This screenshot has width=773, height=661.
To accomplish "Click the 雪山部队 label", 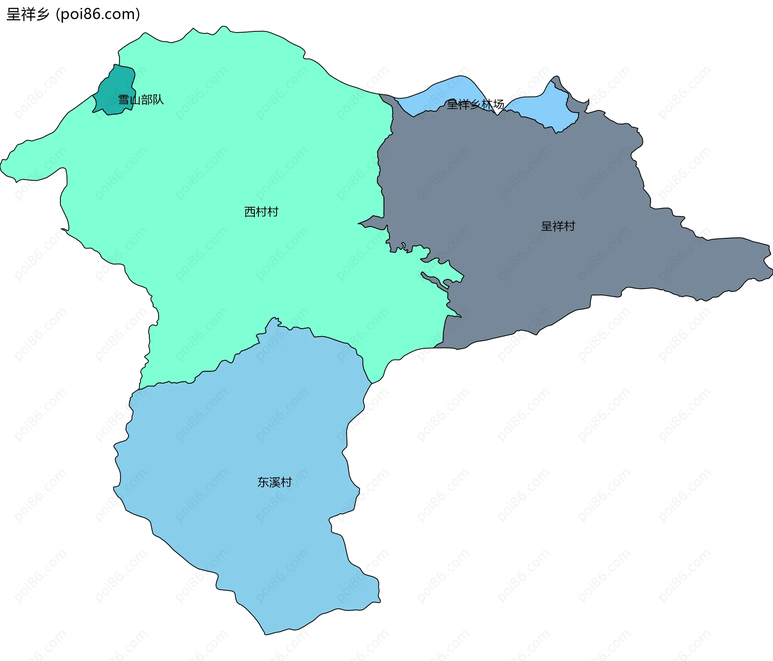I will click(141, 99).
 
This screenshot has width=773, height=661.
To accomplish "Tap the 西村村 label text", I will click(261, 212).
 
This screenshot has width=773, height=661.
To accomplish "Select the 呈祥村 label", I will click(558, 226).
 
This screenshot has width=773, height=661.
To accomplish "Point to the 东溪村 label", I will click(275, 482).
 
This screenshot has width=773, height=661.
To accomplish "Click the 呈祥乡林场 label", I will click(475, 105).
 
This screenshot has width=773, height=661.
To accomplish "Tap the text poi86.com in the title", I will click(98, 14).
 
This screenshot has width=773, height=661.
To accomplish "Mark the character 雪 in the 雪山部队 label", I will click(124, 99).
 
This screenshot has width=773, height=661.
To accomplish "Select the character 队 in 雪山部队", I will click(158, 99).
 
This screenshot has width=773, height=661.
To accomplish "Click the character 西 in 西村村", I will click(250, 212).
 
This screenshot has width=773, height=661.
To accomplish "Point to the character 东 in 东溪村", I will click(263, 482).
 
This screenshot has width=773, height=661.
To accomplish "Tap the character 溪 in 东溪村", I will click(275, 482).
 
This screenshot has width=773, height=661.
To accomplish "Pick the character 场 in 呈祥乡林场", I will click(499, 105).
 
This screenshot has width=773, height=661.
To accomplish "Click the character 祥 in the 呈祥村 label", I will click(558, 226).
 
